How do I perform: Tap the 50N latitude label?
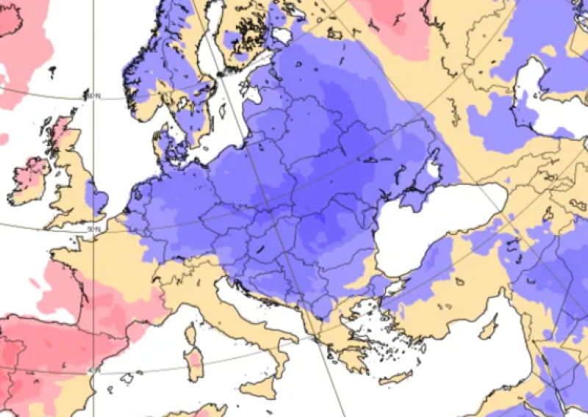(x=92, y=230)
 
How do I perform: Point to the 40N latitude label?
(x=93, y=370)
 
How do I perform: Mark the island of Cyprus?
(x=489, y=330)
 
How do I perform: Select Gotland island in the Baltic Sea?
(x=222, y=111)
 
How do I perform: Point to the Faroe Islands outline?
(x=52, y=72)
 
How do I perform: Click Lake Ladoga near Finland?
(x=282, y=35)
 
